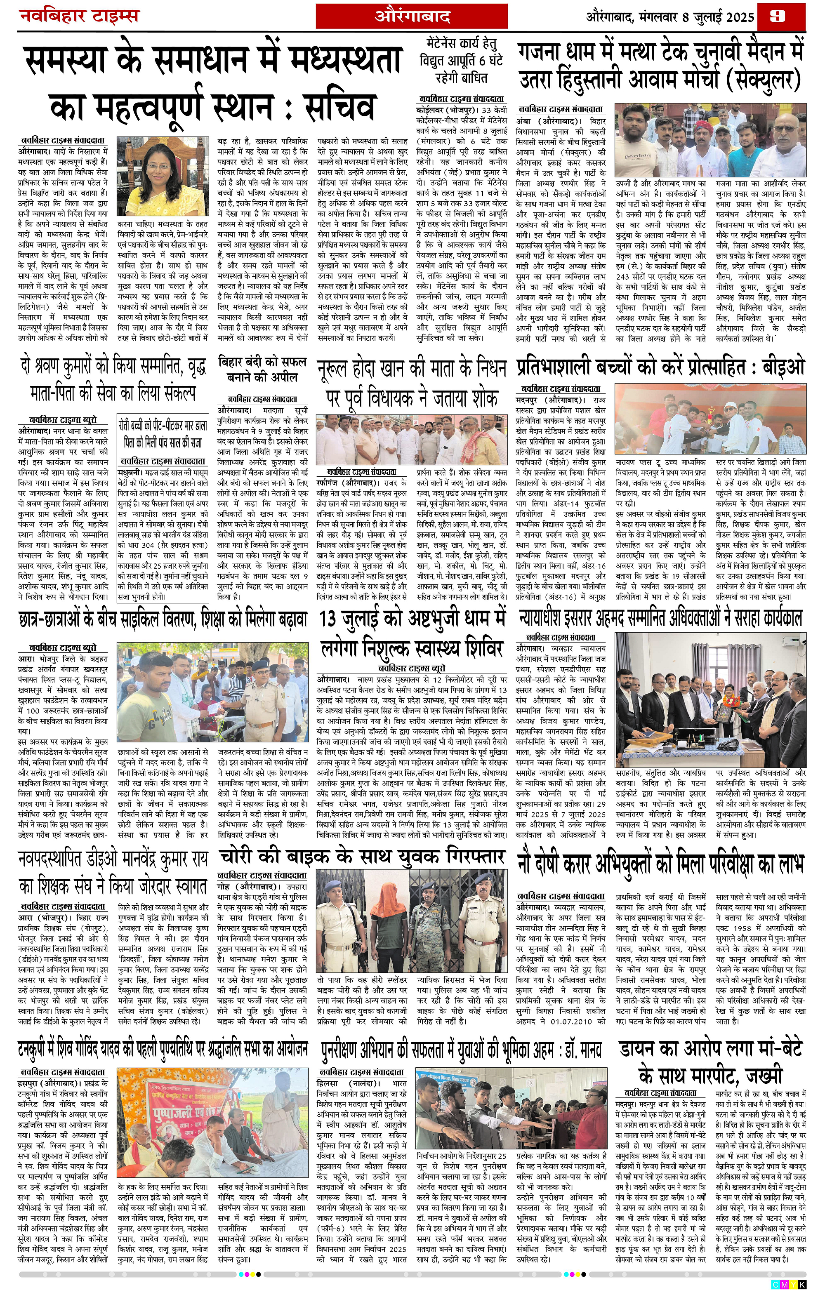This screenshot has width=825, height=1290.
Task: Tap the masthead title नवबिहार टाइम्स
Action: tap(79, 16)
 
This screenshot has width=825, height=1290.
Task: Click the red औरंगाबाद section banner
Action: tap(420, 16)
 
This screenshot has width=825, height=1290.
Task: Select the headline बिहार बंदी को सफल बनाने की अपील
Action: tap(262, 370)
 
